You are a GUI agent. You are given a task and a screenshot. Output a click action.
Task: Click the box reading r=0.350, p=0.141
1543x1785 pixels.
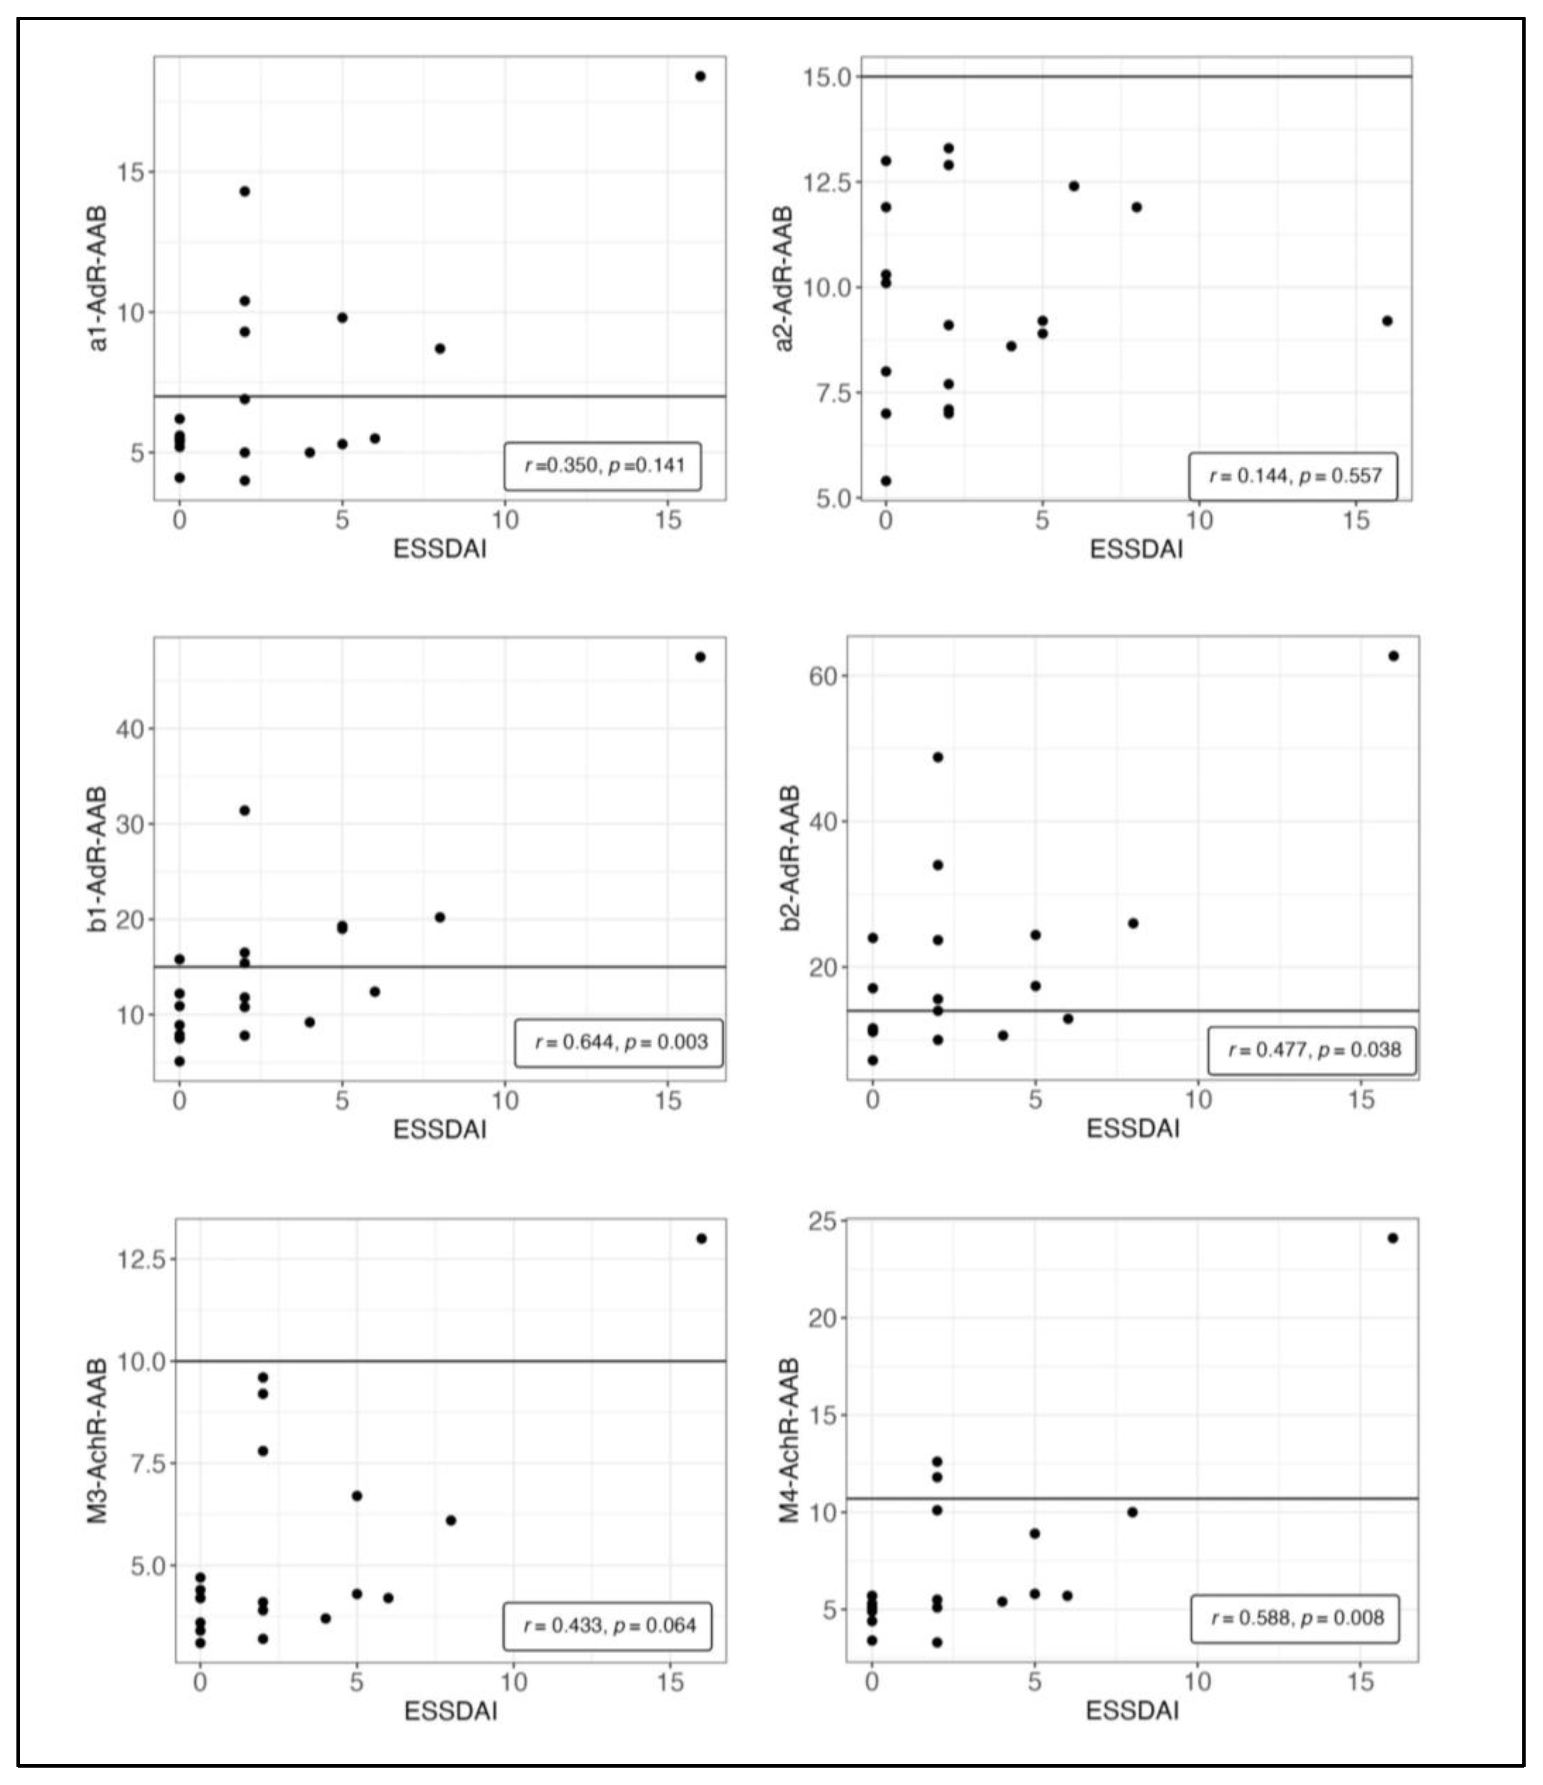coord(603,466)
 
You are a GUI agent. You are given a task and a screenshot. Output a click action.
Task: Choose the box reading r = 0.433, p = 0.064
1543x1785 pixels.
coord(608,1626)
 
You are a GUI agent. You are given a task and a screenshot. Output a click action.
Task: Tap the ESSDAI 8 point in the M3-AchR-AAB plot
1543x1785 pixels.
coord(451,1520)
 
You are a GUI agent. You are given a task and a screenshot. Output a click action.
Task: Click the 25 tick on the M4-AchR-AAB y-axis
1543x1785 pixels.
coord(823,1221)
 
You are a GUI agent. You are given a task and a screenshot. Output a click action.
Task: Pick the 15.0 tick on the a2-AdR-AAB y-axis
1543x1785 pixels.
coord(827,78)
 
